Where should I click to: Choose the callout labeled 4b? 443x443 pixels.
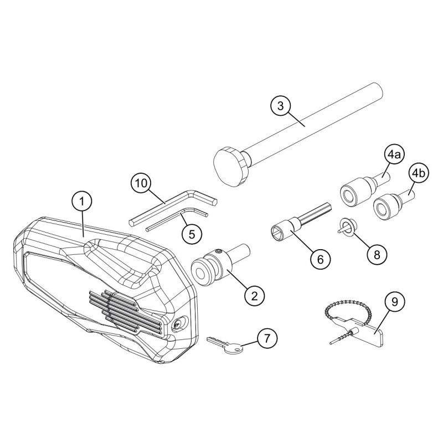click(417, 173)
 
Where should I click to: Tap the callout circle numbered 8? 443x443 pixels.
click(377, 254)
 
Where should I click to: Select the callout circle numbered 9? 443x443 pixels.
click(394, 302)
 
